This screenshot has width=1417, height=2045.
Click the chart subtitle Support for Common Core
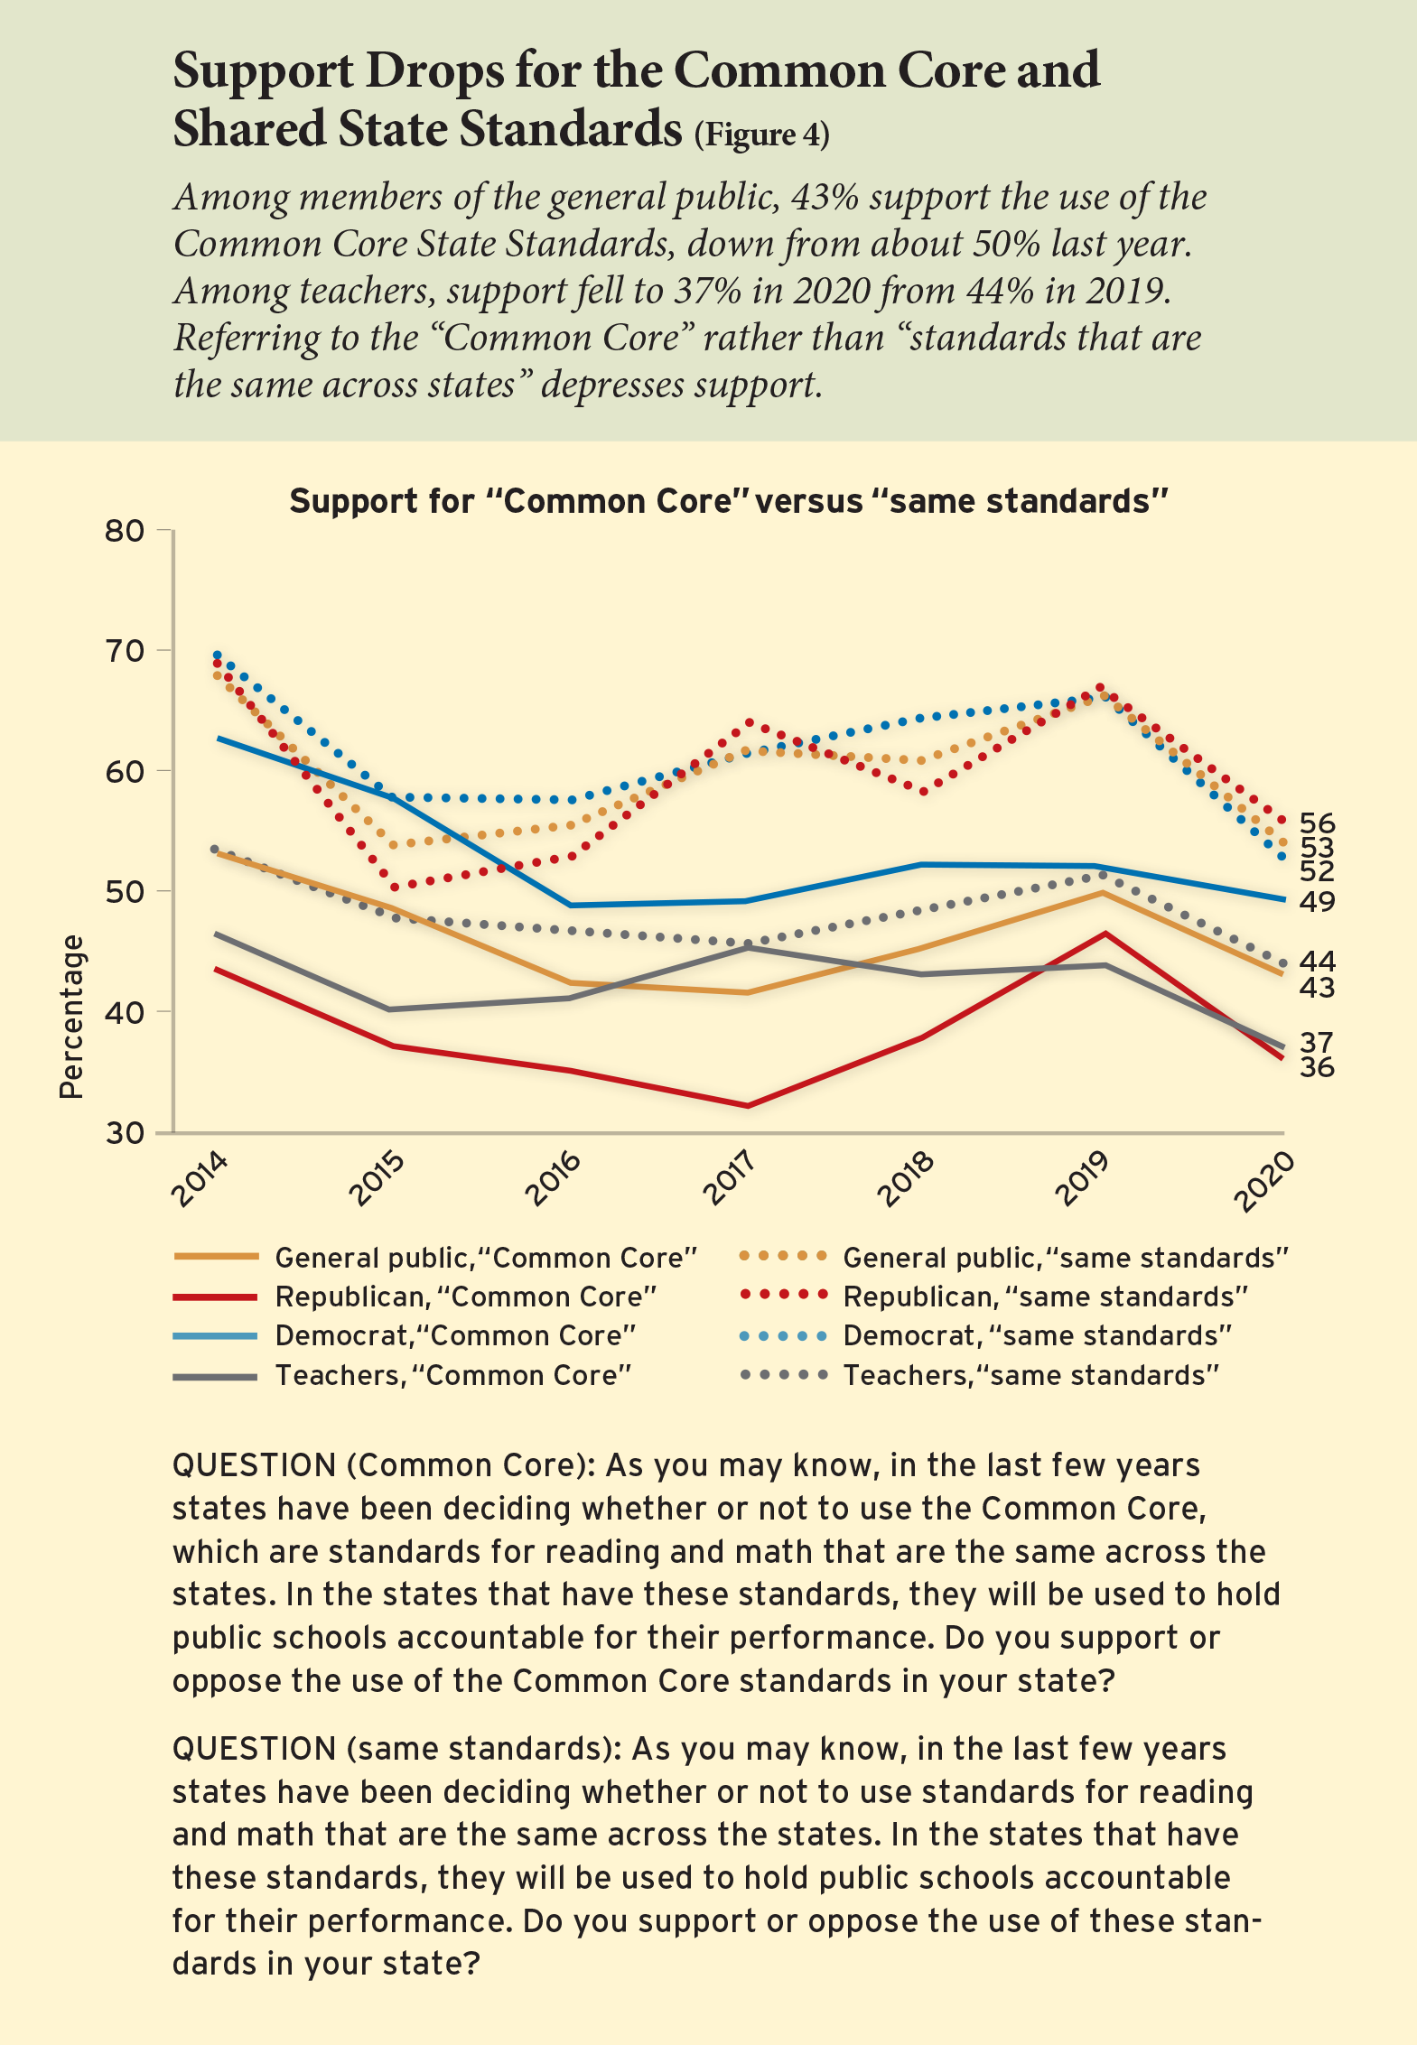click(x=729, y=501)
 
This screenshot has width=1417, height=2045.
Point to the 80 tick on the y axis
click(x=125, y=530)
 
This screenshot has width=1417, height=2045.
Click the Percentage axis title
click(x=71, y=1017)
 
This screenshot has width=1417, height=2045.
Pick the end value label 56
click(x=1317, y=823)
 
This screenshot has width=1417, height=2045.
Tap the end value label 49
click(x=1317, y=901)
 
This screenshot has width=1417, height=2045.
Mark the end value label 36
click(x=1317, y=1068)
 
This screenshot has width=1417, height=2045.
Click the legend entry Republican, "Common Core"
click(x=465, y=1297)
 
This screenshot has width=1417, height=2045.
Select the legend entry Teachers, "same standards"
click(x=1030, y=1375)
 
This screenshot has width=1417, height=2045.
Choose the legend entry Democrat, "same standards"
click(x=1037, y=1336)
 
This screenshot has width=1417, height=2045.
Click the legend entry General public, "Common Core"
click(x=486, y=1259)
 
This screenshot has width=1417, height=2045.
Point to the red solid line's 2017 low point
click(x=747, y=1105)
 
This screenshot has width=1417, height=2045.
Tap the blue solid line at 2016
click(x=570, y=905)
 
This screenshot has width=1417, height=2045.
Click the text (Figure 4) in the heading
click(x=761, y=134)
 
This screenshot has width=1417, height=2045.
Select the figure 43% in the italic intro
click(x=825, y=197)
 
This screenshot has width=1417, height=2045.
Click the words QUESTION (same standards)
click(x=393, y=1748)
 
